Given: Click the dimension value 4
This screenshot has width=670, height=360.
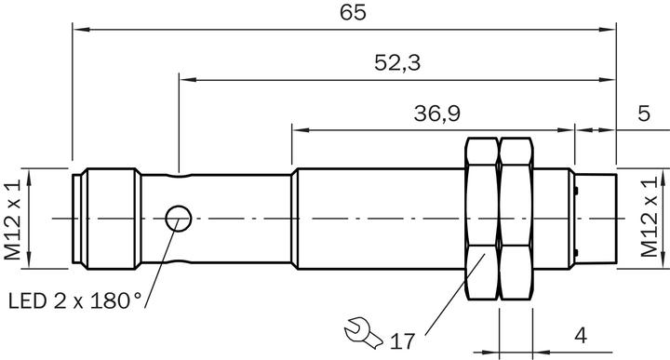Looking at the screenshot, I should (579, 331).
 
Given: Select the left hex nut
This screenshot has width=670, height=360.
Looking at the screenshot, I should (481, 220).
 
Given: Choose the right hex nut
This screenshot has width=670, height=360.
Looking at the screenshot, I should (518, 220).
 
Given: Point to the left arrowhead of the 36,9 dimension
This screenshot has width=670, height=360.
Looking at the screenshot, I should (298, 128).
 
